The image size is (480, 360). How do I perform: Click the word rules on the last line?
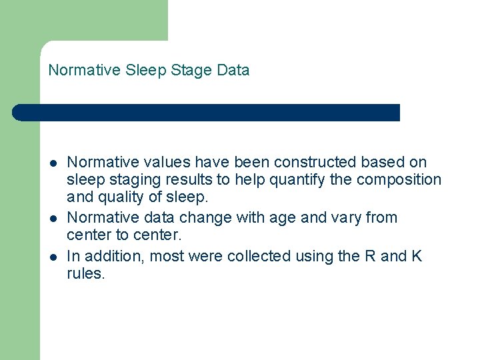86,275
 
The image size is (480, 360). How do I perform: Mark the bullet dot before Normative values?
53,163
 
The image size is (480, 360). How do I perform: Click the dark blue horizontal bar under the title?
207,113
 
